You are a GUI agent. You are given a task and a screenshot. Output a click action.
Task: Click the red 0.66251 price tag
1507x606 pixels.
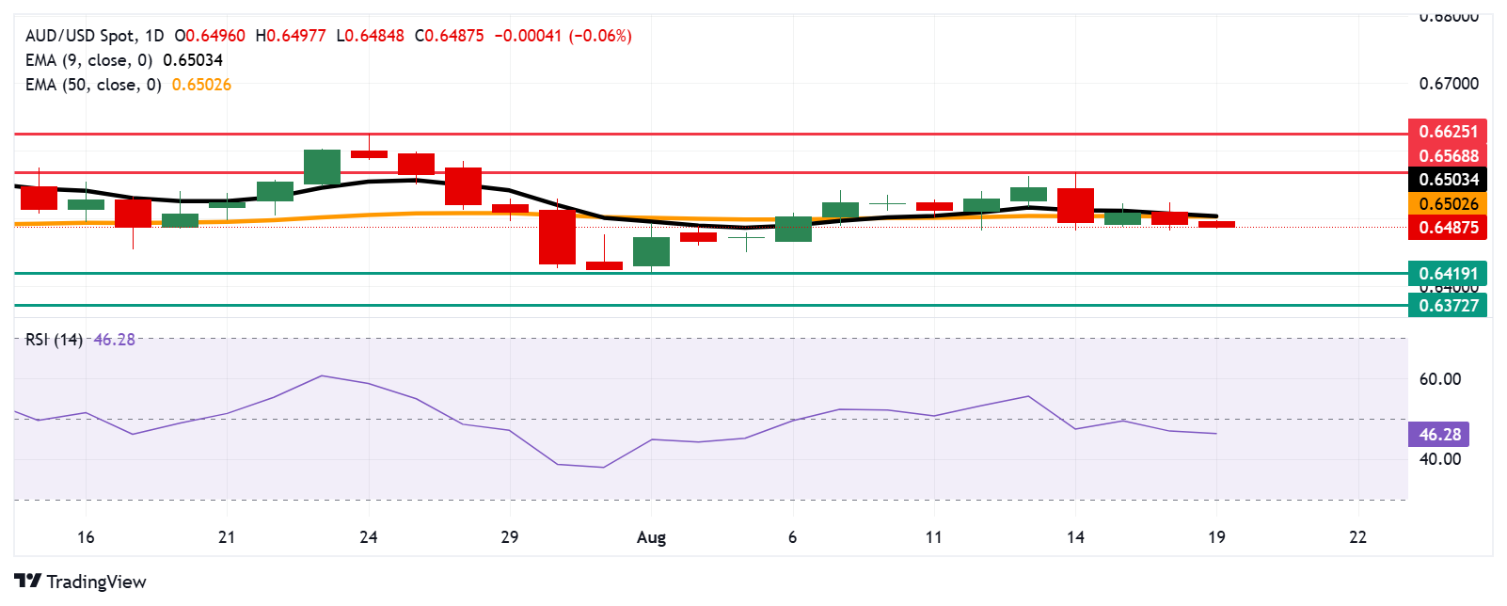(1448, 132)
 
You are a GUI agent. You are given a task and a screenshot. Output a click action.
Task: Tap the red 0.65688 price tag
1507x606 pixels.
(1448, 156)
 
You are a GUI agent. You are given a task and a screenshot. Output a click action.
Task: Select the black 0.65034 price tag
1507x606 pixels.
(1448, 180)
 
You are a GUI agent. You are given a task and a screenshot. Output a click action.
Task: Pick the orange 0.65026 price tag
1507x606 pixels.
(1448, 204)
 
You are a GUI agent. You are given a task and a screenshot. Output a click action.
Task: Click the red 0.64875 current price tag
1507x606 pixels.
(1448, 228)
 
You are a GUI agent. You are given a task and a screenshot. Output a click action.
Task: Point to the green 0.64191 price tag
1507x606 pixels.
(1448, 274)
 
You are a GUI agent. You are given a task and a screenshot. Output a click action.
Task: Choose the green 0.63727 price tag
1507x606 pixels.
(1448, 305)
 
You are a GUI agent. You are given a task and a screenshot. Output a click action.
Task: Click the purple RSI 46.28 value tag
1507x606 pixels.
(1439, 435)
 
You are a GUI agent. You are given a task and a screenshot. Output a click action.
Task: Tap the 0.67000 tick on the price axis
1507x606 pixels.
(1449, 84)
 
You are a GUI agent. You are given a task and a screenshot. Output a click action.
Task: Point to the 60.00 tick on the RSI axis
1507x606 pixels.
(1440, 379)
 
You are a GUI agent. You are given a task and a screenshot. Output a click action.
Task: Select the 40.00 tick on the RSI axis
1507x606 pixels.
(1440, 459)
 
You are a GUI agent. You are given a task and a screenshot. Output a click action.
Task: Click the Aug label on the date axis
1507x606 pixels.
(651, 537)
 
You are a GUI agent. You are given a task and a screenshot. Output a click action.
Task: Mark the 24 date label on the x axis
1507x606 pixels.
(369, 537)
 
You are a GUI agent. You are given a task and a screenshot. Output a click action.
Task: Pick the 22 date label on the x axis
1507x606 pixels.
(1357, 537)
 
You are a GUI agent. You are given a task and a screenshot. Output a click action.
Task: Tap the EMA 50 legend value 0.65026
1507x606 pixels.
(201, 85)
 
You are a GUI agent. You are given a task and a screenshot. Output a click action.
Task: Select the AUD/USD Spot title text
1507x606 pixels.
(80, 36)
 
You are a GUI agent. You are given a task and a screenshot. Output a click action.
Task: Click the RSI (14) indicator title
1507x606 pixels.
(54, 340)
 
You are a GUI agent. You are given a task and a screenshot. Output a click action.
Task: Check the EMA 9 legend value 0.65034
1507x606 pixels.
(193, 60)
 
